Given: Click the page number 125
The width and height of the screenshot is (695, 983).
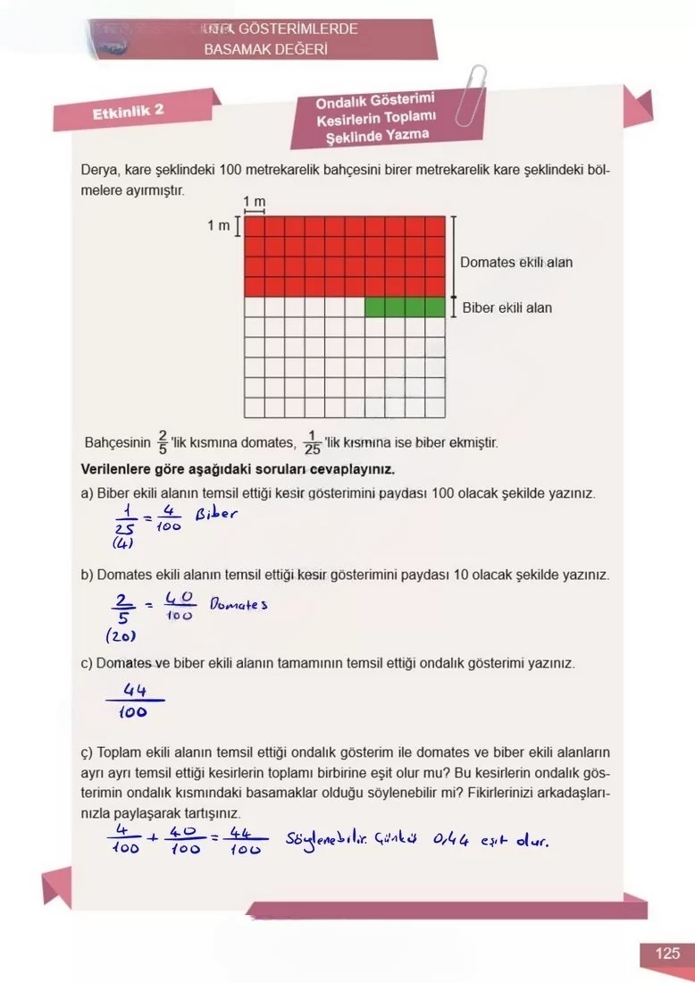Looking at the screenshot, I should (667, 954).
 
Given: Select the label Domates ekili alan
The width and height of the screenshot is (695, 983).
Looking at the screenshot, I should (516, 263).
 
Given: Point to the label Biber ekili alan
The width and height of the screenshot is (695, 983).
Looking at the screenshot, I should (507, 308).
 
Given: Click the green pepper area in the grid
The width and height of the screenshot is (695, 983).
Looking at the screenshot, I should (405, 307).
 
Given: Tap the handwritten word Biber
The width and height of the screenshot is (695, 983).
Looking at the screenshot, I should (217, 516).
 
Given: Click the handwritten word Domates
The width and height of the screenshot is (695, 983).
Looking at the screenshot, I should (239, 605).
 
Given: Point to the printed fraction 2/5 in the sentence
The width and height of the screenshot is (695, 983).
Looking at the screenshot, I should (163, 441).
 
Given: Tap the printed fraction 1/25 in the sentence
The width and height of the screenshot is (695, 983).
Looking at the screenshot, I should (312, 441).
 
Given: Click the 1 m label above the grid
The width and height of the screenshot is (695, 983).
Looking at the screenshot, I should (255, 203).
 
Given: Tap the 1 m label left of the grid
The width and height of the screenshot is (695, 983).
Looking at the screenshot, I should (219, 226).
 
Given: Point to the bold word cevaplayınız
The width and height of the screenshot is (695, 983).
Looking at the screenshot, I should (347, 469).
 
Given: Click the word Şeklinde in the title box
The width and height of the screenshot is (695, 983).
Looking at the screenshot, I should (344, 136).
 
